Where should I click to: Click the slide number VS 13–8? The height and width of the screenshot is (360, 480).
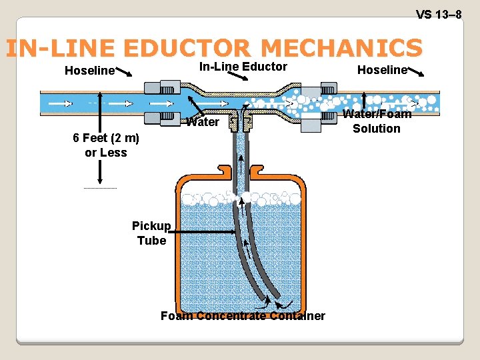[439, 15]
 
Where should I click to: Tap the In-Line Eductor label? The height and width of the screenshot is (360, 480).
[243, 67]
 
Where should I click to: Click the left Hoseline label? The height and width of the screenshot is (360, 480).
[89, 71]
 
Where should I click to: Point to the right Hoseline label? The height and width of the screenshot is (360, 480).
[382, 70]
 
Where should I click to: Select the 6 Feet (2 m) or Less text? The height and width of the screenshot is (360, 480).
[106, 145]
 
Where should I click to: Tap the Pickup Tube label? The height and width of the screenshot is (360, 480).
[151, 233]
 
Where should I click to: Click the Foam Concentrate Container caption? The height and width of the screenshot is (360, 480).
[243, 316]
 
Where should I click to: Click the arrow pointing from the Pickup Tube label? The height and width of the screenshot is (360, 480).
[203, 231]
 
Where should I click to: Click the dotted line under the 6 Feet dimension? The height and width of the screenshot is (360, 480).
[100, 189]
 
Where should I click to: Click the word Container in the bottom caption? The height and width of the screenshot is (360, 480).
[298, 316]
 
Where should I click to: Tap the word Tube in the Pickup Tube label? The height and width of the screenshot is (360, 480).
[151, 241]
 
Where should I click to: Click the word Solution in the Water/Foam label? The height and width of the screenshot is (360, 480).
[377, 129]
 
